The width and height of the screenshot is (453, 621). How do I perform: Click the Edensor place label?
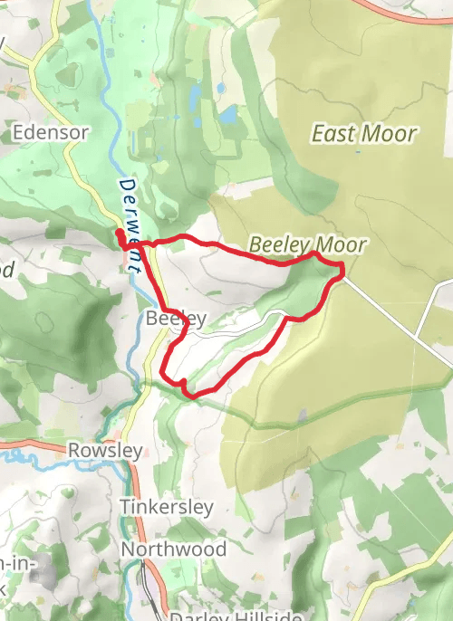pos(51,132)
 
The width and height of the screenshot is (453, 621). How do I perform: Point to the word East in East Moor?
pos(332,134)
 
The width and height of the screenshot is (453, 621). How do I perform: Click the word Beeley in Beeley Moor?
pos(277,244)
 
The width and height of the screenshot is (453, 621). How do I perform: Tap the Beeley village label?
pos(177,319)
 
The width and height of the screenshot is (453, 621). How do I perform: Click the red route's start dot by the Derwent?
pos(120,235)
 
